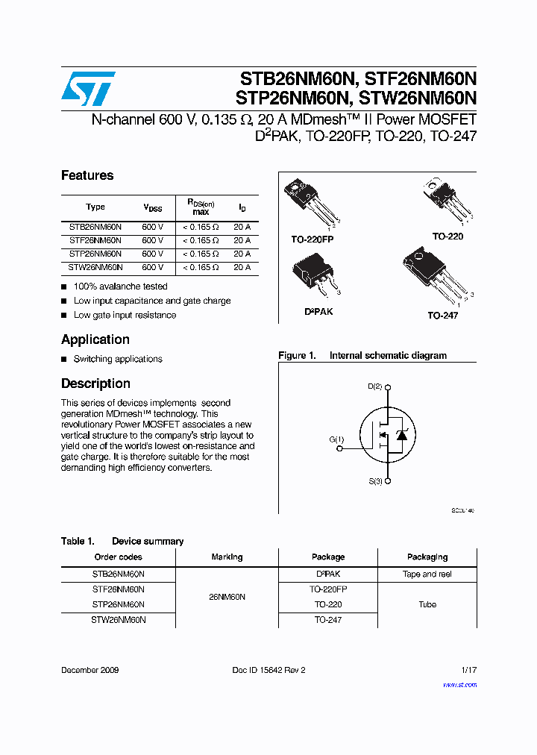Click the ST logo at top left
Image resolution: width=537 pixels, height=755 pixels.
[88, 89]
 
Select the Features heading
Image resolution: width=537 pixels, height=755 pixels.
[87, 175]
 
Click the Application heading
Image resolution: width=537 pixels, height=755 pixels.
[95, 339]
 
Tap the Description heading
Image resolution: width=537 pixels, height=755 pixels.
[95, 383]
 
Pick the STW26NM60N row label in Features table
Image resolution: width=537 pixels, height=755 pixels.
[95, 267]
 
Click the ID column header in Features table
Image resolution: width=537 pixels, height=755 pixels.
[242, 207]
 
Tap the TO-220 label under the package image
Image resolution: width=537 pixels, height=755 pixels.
[447, 236]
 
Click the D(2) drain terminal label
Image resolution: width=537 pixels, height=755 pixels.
[375, 386]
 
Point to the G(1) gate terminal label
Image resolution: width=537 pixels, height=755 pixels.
[337, 439]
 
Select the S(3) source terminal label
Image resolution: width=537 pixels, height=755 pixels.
[375, 481]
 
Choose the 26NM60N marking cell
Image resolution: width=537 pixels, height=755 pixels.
[227, 598]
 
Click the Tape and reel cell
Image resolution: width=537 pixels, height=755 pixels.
[427, 574]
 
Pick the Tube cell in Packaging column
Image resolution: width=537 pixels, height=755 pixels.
[427, 604]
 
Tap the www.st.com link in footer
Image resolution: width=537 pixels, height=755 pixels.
[459, 684]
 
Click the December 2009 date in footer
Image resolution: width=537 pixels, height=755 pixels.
[89, 670]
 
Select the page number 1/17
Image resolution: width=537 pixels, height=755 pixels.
[468, 670]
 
